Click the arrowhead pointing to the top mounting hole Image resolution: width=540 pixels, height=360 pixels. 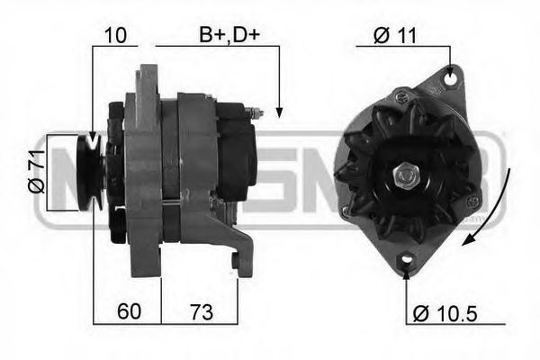coord(449,67)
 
